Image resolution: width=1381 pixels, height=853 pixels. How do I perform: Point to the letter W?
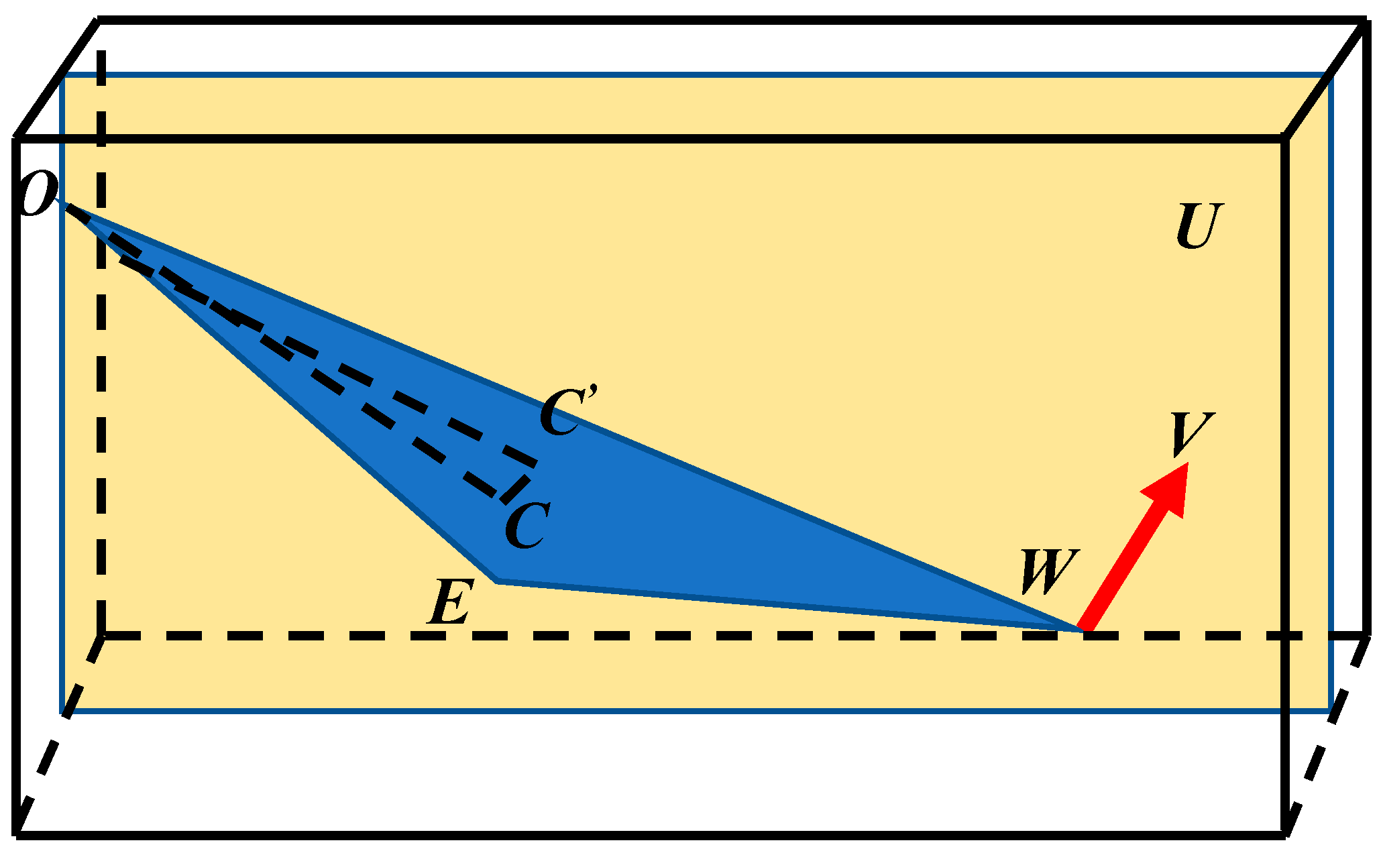(1049, 572)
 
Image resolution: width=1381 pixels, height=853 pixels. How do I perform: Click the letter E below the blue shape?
(451, 602)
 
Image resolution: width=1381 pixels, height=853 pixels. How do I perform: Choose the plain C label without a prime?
(527, 526)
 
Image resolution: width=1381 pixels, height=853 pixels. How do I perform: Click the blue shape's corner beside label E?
(497, 580)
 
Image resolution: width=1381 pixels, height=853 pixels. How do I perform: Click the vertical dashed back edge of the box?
(101, 402)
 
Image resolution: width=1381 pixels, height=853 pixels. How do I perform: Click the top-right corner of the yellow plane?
(1331, 74)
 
